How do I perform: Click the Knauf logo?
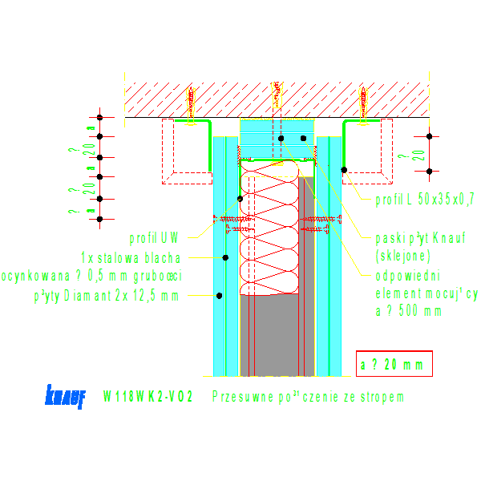[x=65, y=398]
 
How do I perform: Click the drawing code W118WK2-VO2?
[x=148, y=397]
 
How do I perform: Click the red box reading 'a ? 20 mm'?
[x=394, y=365]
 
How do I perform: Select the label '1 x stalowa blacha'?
[x=131, y=257]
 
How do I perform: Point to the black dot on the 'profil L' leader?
[x=344, y=170]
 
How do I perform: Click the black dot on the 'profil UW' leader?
[x=239, y=198]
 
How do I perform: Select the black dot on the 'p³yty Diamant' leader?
[x=218, y=296]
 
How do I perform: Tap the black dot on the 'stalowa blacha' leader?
[x=226, y=257]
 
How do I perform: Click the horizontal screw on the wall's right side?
[x=315, y=223]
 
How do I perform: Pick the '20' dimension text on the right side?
[x=418, y=154]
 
